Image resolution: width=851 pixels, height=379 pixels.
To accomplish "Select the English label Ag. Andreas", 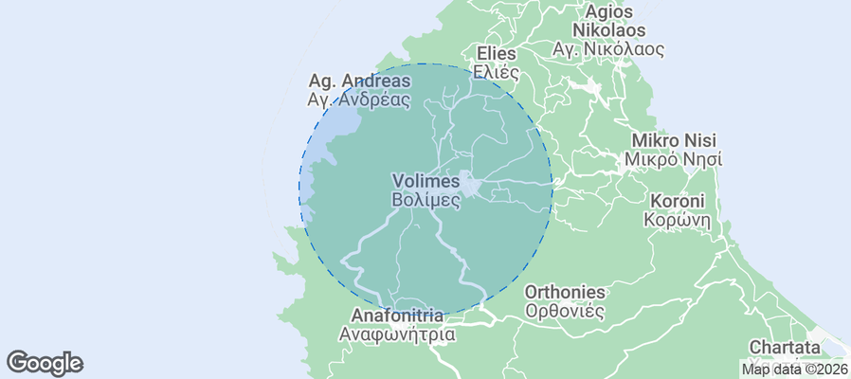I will point(359,81).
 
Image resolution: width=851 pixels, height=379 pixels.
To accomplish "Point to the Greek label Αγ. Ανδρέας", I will point(359,99).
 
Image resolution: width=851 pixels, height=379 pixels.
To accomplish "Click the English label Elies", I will point(497,53).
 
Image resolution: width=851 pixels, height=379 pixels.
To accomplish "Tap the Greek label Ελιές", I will point(497,71).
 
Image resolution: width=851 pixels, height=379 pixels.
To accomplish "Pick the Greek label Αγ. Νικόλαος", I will point(608,48).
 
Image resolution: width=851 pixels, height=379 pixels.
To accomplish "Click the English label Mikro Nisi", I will point(674,140).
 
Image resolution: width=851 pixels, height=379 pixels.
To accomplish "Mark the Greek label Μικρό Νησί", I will point(674,159).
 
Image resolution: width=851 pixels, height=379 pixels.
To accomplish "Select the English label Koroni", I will point(677,201).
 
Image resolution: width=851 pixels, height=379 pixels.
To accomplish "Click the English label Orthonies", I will point(565,292).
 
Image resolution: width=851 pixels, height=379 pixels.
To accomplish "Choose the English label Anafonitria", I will point(396,316).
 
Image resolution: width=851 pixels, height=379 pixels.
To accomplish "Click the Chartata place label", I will point(784,347).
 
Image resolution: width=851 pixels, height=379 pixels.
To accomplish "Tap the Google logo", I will point(45,362).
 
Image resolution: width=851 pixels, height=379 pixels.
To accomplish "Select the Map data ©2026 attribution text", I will point(794,370).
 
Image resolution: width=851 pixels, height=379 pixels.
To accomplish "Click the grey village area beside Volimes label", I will point(472,183).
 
